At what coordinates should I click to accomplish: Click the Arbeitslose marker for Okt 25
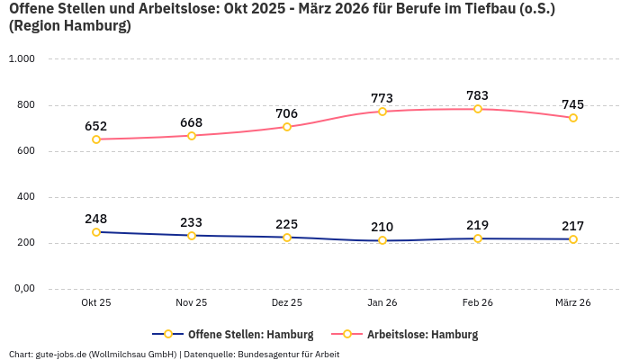click(x=96, y=139)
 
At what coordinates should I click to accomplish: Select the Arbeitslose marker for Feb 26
click(x=478, y=109)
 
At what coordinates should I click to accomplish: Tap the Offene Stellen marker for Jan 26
click(x=382, y=240)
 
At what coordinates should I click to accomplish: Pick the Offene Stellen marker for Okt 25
click(x=96, y=232)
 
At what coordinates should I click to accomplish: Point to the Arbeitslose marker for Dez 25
click(x=287, y=127)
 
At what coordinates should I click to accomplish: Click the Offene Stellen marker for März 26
click(x=573, y=239)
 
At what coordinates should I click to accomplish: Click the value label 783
click(x=478, y=95)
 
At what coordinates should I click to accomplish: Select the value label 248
click(x=96, y=219)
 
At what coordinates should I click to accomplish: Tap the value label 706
click(x=287, y=113)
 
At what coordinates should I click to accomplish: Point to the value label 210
click(x=382, y=227)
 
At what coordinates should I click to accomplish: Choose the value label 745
click(x=573, y=104)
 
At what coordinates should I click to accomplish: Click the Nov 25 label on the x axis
click(x=192, y=303)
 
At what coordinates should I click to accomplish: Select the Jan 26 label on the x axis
click(x=382, y=303)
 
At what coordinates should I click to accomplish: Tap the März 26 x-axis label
click(x=573, y=303)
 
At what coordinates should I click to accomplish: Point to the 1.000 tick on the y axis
click(x=21, y=58)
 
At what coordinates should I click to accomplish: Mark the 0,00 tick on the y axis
click(x=22, y=289)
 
